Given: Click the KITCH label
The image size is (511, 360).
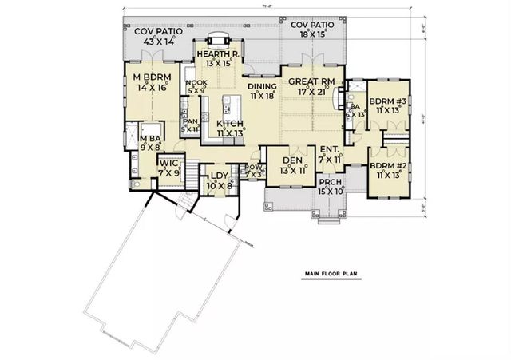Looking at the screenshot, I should (x=230, y=124).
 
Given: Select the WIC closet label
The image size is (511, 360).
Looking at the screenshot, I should (x=168, y=167).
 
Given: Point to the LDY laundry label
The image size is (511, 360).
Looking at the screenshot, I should (x=218, y=176).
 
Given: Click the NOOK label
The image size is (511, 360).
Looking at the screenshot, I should (x=196, y=83).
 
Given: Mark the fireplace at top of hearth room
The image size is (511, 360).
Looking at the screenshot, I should (x=216, y=39).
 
